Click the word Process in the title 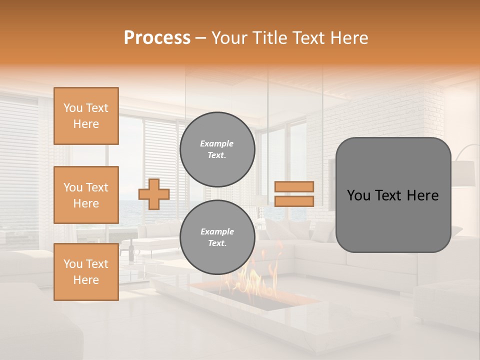[x=157, y=38]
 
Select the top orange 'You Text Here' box [x=86, y=116]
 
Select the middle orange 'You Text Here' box [x=86, y=195]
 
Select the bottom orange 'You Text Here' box [x=86, y=272]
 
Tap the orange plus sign [x=153, y=194]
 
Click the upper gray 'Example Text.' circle [x=217, y=149]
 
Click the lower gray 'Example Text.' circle [x=217, y=237]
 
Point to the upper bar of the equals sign [x=294, y=187]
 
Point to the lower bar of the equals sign [x=294, y=201]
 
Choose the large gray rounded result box [x=393, y=195]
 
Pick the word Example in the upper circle [x=217, y=143]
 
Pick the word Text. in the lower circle [x=217, y=243]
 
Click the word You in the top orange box [x=73, y=108]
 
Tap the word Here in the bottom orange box [x=86, y=280]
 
